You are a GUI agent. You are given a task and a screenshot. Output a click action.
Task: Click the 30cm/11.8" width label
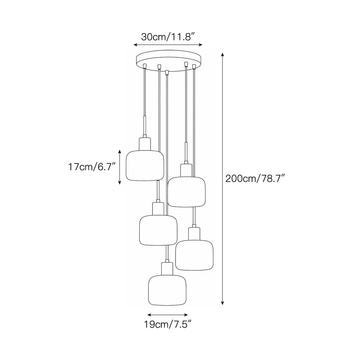tap(168, 37)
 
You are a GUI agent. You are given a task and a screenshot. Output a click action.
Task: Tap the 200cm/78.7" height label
tap(255, 179)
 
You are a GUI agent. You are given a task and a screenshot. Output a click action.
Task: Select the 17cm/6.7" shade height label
tap(91, 167)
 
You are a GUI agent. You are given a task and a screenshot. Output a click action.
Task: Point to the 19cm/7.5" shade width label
tap(168, 325)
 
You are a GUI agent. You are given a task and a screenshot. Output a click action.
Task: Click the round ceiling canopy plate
tap(169, 60)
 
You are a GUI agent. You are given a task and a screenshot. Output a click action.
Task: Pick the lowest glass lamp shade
tap(167, 291)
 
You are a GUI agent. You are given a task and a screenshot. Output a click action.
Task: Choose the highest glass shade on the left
tap(145, 166)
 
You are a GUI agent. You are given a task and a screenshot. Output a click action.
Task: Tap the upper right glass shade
tap(186, 192)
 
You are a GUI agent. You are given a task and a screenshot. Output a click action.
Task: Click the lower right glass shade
tap(194, 255)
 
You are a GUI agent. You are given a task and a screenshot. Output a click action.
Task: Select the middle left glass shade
tap(158, 230)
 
